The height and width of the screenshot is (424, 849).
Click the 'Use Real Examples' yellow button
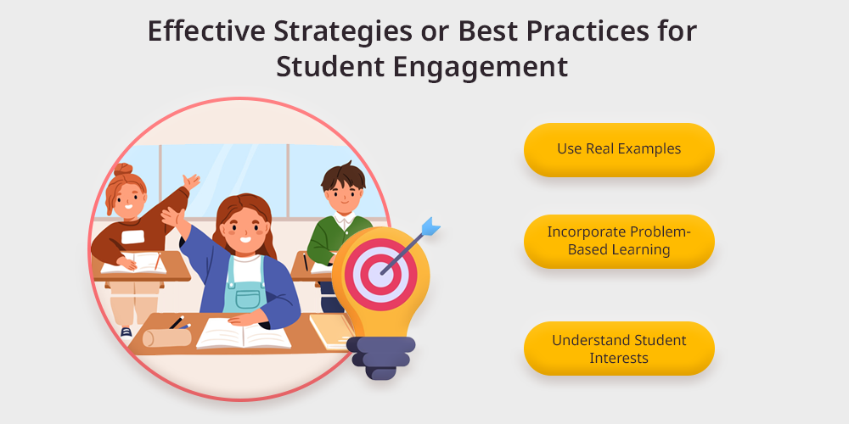[619, 150]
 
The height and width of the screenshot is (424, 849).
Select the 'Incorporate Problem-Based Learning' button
[619, 241]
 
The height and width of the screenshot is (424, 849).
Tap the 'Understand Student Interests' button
[619, 349]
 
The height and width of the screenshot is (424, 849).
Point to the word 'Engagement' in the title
[480, 67]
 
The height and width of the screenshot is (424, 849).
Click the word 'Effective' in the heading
[206, 31]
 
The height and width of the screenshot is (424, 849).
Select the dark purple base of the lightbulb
[380, 357]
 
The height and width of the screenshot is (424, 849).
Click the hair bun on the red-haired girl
[123, 170]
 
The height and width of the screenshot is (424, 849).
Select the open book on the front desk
[244, 332]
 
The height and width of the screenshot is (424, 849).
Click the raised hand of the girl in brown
[191, 181]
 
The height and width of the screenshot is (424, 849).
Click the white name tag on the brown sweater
[132, 237]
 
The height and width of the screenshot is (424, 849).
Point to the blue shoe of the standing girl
[127, 332]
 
